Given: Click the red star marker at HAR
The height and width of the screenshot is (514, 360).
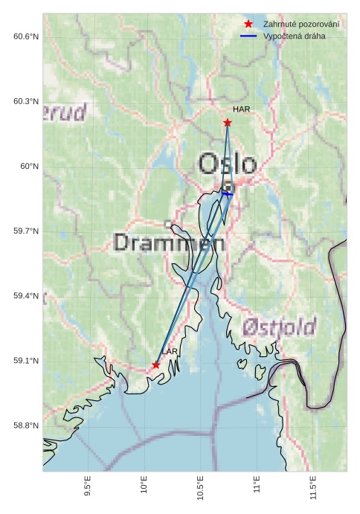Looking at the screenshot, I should [x=227, y=122].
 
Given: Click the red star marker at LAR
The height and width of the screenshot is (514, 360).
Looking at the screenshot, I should [x=155, y=364].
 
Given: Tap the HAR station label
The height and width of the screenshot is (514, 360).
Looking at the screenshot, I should [x=241, y=109].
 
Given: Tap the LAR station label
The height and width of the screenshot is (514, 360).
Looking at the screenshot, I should [x=170, y=351].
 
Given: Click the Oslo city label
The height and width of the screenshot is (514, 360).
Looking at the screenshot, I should [x=228, y=164].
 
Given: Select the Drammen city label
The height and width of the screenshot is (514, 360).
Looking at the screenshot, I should [x=170, y=242].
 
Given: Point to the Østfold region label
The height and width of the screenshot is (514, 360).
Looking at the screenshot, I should [x=279, y=326].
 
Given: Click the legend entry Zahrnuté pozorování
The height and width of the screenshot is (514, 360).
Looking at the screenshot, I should [x=301, y=25].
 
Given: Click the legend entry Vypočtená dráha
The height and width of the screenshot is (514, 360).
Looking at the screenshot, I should [x=294, y=36].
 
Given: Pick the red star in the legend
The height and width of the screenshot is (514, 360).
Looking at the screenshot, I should [x=248, y=25].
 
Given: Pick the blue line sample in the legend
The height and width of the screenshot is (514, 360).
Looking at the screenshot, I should [x=248, y=36].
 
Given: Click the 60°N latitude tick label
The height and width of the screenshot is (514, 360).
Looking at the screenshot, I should [x=29, y=166].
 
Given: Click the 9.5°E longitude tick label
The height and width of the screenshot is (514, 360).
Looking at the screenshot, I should [x=88, y=488].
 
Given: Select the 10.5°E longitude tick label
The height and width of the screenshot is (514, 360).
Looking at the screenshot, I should [x=200, y=488].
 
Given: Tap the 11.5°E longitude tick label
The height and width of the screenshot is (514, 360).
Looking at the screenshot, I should [x=313, y=488].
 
